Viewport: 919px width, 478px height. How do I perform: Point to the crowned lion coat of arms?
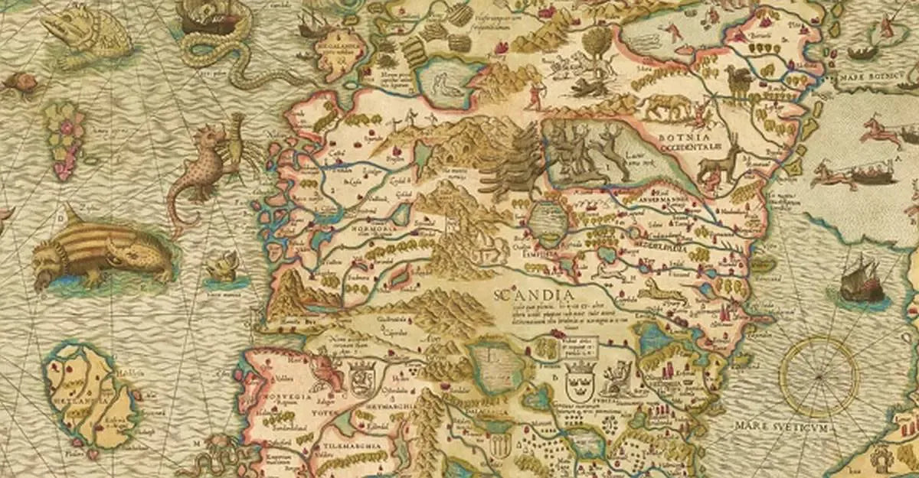(x=359, y=376)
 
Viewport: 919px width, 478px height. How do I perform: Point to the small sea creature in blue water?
(x=223, y=268)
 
